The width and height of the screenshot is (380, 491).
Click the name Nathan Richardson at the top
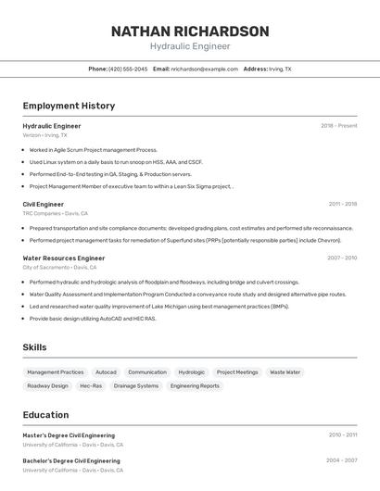[190, 31]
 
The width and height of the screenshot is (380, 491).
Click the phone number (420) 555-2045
[128, 69]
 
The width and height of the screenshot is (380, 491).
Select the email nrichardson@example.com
[204, 69]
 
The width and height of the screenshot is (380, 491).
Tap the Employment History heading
[69, 106]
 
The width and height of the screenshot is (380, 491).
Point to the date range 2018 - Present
[338, 126]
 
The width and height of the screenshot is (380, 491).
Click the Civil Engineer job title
[44, 204]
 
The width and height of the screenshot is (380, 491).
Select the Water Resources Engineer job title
[64, 258]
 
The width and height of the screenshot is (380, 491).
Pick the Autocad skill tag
[106, 371]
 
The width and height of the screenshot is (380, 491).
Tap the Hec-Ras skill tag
[91, 385]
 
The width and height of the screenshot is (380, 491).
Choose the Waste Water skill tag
[285, 371]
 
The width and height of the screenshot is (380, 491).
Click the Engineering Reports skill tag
[195, 385]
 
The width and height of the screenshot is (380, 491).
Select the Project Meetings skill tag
[237, 371]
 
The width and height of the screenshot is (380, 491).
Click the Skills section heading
[35, 347]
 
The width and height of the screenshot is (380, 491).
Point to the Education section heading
[46, 415]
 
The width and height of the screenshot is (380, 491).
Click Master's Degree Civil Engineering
[70, 435]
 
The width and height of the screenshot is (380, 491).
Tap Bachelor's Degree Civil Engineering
[71, 460]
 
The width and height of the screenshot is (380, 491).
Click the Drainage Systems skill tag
[136, 385]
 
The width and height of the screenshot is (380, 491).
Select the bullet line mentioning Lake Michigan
[158, 306]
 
